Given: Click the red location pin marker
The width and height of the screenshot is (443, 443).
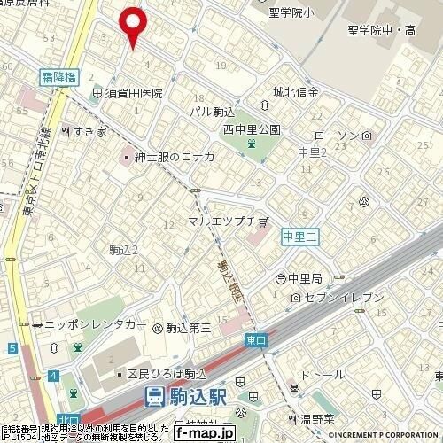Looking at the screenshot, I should click(x=133, y=25).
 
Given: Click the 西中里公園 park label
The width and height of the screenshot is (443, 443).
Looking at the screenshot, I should click(x=252, y=129).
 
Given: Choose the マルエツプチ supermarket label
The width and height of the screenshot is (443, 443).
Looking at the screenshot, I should click(x=222, y=220).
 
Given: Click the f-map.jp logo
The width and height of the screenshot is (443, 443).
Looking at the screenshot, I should click(x=203, y=433).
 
